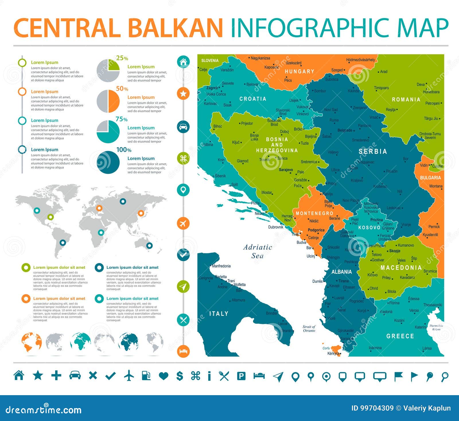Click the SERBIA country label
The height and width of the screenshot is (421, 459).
pos(373,151)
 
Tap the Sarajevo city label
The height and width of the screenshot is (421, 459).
pos(286,170)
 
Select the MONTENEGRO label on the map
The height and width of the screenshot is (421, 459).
pos(314,213)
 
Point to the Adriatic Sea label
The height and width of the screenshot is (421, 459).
pos(258,251)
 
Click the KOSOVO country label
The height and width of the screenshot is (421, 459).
pos(369,227)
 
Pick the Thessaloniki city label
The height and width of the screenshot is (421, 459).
pos(433,305)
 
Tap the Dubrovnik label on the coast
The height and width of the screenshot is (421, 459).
pos(276,227)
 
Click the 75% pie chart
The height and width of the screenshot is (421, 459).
pos(108,132)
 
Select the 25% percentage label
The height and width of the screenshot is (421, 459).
pos(122,58)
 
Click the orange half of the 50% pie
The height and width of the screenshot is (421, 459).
pos(114,101)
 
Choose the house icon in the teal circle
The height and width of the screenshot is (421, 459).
pos(183,62)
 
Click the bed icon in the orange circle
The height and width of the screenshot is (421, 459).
pos(183,351)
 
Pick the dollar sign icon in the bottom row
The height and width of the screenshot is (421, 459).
pos(180,376)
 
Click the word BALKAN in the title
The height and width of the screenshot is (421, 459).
pos(175,28)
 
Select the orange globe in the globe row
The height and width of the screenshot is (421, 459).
pos(31,342)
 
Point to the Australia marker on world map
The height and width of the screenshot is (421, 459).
pos(149,246)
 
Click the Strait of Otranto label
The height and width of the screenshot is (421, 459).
pos(309,329)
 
